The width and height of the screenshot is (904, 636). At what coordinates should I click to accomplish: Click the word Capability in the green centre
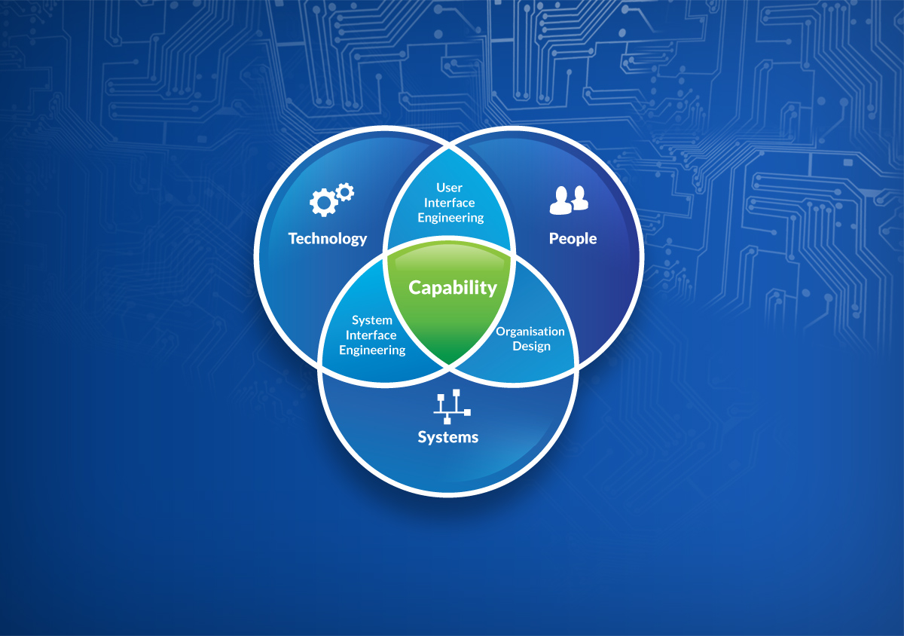[453, 287]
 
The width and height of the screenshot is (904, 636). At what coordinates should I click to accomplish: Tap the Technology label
[327, 239]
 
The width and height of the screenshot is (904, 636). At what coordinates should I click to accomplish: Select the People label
[573, 239]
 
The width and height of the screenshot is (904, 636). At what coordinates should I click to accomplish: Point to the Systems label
[448, 437]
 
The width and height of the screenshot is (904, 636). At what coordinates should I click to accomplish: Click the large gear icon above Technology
[323, 201]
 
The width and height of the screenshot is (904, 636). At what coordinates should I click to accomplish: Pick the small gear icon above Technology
[345, 191]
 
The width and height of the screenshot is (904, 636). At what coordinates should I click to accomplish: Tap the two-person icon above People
[568, 199]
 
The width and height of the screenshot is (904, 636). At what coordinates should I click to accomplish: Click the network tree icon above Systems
[451, 407]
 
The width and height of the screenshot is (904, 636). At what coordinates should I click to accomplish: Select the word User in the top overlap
[450, 188]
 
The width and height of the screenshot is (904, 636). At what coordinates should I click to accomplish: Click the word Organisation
[530, 332]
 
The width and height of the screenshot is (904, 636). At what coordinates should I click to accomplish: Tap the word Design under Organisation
[532, 347]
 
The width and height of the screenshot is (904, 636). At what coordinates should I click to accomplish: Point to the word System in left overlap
[371, 320]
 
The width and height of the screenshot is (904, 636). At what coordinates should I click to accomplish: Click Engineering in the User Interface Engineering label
[450, 218]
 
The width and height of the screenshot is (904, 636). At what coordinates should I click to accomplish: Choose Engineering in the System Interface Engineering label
[372, 350]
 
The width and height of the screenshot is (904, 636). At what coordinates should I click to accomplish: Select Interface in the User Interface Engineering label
[450, 203]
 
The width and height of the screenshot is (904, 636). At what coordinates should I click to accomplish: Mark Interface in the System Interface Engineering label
[371, 335]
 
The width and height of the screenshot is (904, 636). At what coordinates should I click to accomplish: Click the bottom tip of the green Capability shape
[449, 362]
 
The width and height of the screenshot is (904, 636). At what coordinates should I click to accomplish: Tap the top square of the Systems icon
[456, 393]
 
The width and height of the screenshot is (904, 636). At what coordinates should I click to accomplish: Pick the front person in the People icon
[560, 200]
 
